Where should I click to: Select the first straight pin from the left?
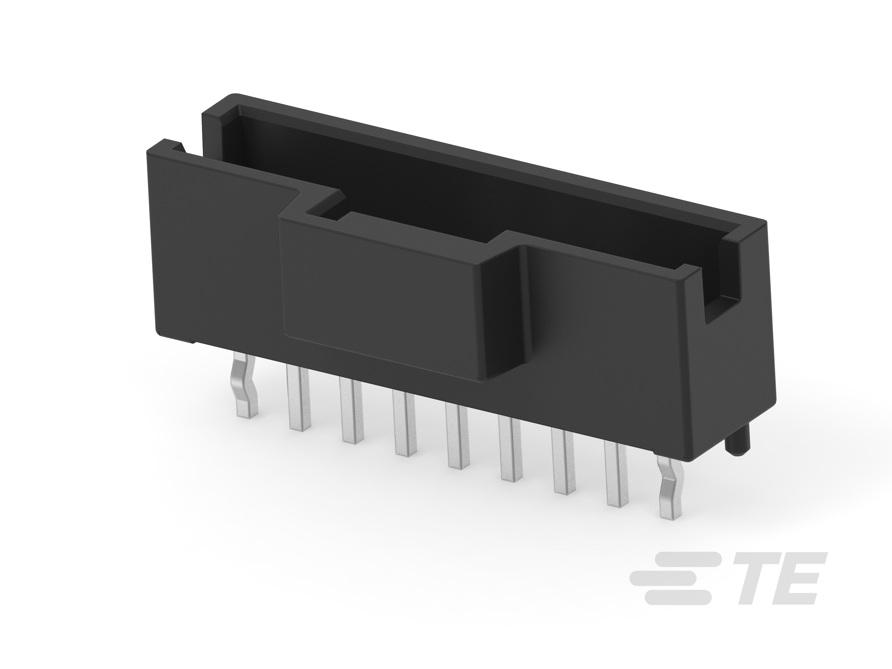click(x=298, y=397)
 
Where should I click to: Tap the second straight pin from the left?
click(x=351, y=409)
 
